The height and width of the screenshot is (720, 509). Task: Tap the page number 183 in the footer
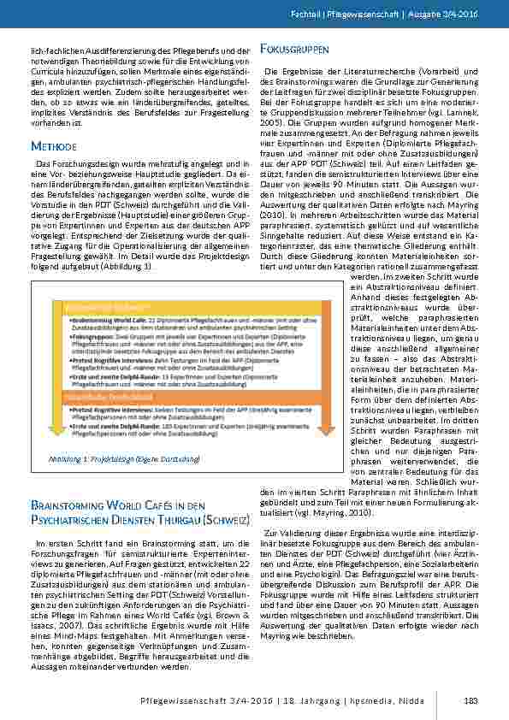pyautogui.click(x=470, y=702)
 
